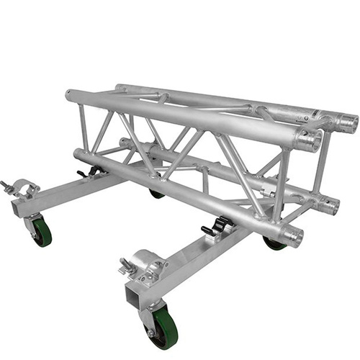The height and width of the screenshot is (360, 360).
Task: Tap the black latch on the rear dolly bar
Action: coord(91,173)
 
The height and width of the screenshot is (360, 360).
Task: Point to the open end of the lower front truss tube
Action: coord(294,235)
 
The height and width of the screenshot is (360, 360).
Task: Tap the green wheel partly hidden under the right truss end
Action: coord(274,244)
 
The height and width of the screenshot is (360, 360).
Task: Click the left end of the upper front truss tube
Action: coord(70,95)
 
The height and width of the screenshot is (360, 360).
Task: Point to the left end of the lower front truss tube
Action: coord(78,155)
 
